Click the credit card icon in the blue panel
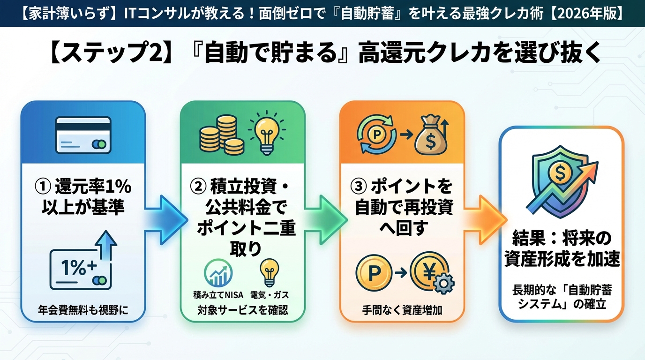tap(83, 135)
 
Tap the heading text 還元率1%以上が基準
tap(83, 196)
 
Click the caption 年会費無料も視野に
tap(83, 310)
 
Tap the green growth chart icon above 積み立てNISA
tap(218, 273)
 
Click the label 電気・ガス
tap(270, 295)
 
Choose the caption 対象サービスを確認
tap(242, 310)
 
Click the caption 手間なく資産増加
tap(402, 310)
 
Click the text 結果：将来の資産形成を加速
tap(562, 249)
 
